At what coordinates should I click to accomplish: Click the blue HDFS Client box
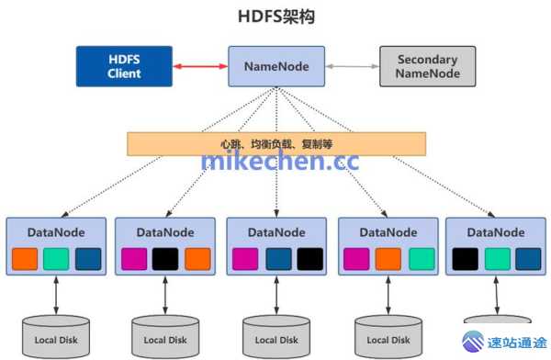(x=124, y=66)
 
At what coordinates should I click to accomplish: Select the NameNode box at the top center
(x=276, y=66)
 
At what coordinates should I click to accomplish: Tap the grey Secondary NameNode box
(x=427, y=66)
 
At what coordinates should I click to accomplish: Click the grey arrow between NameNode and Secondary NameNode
(x=352, y=66)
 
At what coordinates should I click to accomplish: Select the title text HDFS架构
(x=275, y=16)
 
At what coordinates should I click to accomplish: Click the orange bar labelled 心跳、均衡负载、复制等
(x=276, y=144)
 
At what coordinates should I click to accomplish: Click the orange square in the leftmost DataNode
(x=25, y=259)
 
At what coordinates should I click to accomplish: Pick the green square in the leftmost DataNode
(x=56, y=259)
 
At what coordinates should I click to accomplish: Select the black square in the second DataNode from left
(x=165, y=259)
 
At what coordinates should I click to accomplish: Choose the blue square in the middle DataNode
(x=277, y=259)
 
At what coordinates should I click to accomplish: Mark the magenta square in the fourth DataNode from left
(x=356, y=259)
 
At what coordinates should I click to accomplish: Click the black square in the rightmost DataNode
(x=466, y=259)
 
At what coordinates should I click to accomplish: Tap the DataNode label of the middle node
(x=276, y=232)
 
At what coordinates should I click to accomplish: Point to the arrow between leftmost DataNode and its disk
(x=57, y=295)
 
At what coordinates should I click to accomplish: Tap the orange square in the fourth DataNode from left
(x=388, y=259)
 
